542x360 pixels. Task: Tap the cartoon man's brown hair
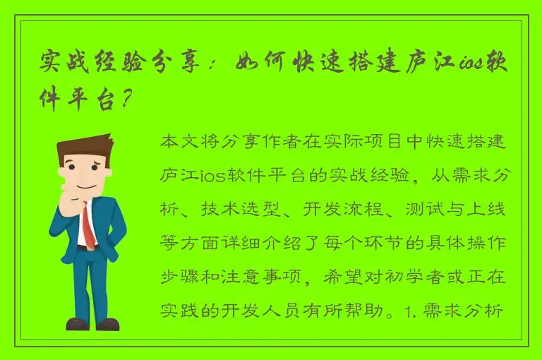(83, 145)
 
